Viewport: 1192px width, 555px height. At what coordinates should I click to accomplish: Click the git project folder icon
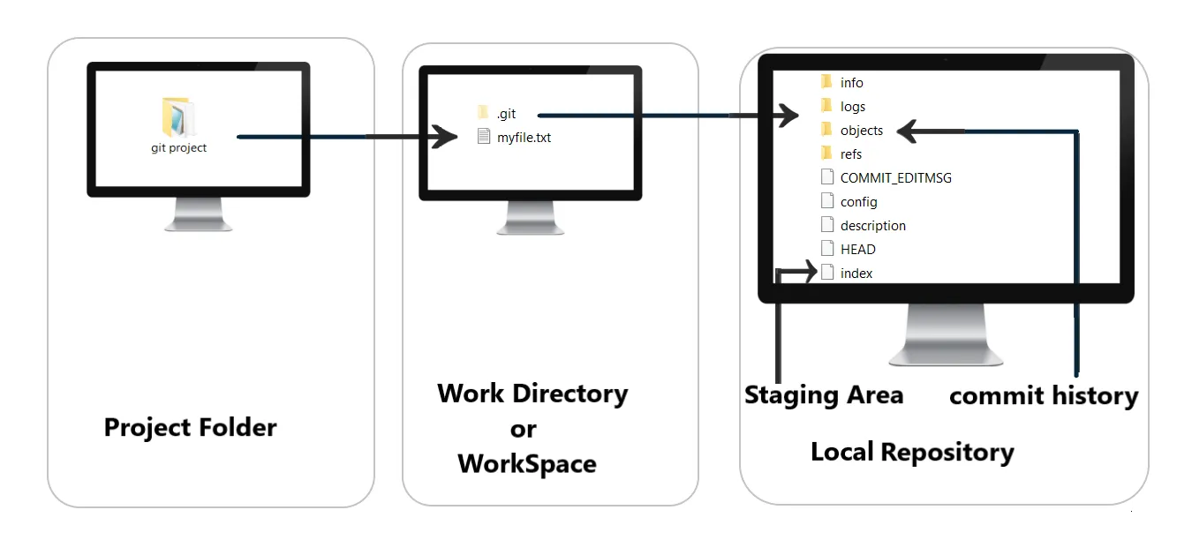(x=178, y=117)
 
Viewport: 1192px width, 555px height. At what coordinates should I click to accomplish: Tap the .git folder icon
(x=482, y=112)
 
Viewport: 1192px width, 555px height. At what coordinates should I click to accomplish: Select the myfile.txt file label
(x=524, y=137)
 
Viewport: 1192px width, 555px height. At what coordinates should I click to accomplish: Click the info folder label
(x=852, y=82)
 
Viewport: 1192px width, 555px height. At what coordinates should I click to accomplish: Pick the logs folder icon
(x=826, y=106)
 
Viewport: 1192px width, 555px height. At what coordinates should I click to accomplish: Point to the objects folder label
(x=862, y=131)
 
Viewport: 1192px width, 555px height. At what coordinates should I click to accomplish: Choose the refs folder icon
(x=826, y=154)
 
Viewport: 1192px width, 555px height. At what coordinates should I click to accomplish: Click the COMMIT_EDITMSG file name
(x=895, y=177)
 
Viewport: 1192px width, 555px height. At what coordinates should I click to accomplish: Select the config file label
(x=859, y=202)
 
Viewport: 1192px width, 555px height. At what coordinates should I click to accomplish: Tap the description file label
(x=873, y=226)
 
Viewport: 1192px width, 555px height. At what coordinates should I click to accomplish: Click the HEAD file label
(x=858, y=250)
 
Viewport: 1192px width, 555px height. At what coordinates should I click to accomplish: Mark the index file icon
(x=827, y=273)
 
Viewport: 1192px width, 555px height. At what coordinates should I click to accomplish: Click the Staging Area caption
(x=824, y=394)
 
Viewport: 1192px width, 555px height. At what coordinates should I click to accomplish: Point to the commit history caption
(x=1044, y=396)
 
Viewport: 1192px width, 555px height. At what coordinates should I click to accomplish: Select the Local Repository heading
(x=912, y=452)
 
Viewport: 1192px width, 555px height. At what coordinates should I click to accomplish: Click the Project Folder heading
(x=190, y=427)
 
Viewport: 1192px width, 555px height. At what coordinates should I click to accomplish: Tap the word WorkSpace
(x=527, y=463)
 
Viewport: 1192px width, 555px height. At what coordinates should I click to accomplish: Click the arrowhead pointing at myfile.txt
(x=444, y=137)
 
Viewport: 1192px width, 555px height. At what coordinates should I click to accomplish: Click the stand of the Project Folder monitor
(x=199, y=214)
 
